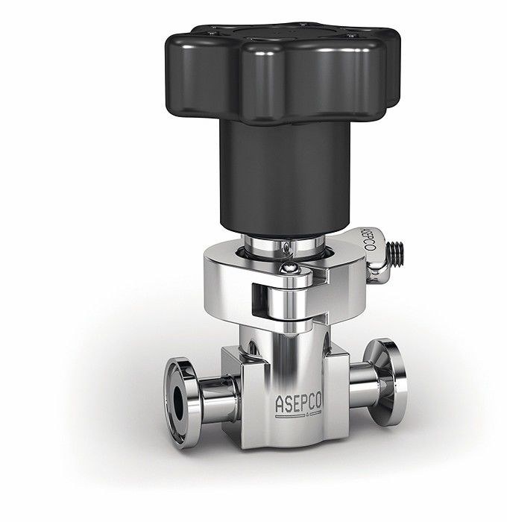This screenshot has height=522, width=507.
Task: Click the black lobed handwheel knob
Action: pos(283,73)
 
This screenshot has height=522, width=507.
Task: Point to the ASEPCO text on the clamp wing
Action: pos(369,239)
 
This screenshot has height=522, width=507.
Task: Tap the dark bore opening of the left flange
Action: pos(179,403)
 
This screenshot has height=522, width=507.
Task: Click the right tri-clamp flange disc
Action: pos(386,382)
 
